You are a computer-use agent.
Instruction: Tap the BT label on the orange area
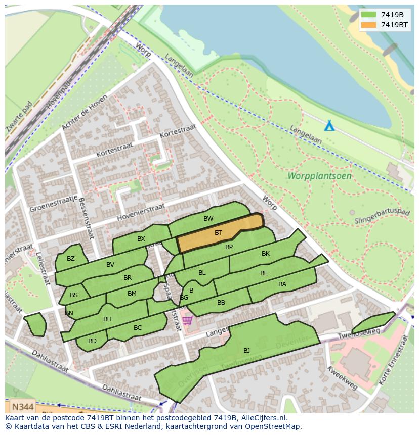(x=218, y=233)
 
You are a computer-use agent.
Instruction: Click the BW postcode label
(x=208, y=219)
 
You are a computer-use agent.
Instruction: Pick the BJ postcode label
(x=246, y=350)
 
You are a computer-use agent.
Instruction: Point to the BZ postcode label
(x=71, y=259)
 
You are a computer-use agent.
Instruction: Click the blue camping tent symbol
(x=329, y=125)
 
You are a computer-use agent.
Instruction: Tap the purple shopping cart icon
(x=188, y=320)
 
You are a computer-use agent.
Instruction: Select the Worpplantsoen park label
(x=319, y=176)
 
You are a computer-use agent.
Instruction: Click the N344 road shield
(x=22, y=406)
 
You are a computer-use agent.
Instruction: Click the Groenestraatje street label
(x=53, y=204)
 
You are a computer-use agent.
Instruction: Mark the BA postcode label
(x=282, y=284)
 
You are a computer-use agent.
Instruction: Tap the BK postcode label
(x=266, y=254)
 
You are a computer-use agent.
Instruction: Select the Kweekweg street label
(x=342, y=378)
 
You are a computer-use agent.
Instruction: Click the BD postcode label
(x=92, y=341)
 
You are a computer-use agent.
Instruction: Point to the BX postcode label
(x=141, y=239)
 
